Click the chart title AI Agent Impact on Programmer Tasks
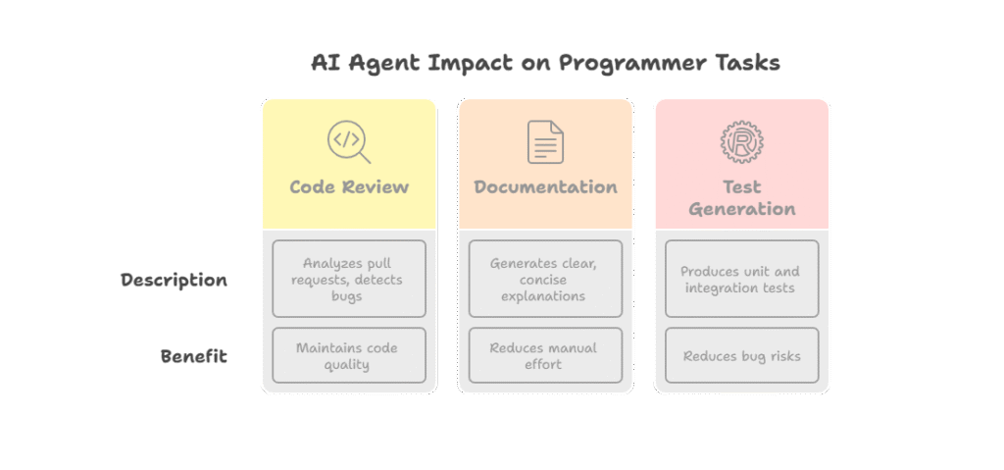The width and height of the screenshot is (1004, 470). tap(545, 64)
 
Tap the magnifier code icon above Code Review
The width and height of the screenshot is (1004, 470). tap(348, 141)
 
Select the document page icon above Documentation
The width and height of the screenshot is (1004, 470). tap(545, 141)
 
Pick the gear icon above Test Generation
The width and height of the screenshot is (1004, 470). tap(741, 141)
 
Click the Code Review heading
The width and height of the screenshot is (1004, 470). tap(349, 187)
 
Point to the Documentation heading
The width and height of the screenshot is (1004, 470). tap(545, 187)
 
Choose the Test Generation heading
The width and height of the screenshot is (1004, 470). tap(742, 198)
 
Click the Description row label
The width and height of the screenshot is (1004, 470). tap(174, 281)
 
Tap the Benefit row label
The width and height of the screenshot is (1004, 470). tap(193, 356)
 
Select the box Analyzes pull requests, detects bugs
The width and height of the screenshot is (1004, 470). tap(349, 279)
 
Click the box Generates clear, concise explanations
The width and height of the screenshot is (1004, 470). tap(545, 279)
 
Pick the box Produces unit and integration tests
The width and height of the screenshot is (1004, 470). tap(742, 279)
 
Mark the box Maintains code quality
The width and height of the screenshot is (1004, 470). tap(349, 355)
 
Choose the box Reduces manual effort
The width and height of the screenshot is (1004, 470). tap(545, 355)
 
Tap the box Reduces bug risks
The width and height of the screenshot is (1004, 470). tap(742, 355)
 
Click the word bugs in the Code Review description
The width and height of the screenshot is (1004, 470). tap(346, 297)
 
